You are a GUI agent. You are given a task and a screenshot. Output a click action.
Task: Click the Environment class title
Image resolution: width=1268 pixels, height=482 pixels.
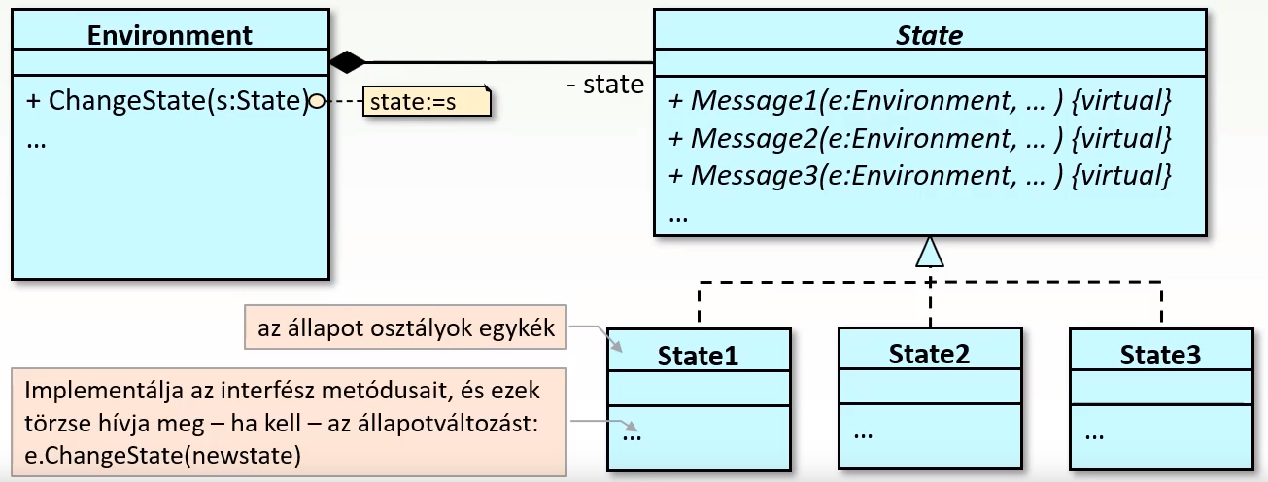169,35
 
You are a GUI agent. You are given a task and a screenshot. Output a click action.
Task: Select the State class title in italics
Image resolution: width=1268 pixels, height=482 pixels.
930,36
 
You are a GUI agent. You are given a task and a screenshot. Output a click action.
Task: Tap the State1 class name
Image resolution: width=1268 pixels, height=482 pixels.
698,356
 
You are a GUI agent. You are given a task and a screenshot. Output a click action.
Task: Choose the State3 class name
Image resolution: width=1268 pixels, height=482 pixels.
1160,355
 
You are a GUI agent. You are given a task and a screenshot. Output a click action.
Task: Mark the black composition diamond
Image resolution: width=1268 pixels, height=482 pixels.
347,63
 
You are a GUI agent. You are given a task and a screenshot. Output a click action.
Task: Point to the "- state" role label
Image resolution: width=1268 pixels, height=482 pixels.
604,85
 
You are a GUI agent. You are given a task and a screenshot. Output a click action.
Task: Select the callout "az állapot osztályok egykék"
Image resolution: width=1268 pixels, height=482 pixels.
406,328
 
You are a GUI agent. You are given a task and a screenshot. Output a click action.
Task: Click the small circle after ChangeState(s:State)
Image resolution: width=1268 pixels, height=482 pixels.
316,100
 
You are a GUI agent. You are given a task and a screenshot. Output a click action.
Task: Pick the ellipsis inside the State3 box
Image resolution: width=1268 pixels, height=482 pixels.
1094,432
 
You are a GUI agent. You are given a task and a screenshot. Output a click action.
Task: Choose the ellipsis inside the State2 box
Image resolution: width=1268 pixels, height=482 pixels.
863,431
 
